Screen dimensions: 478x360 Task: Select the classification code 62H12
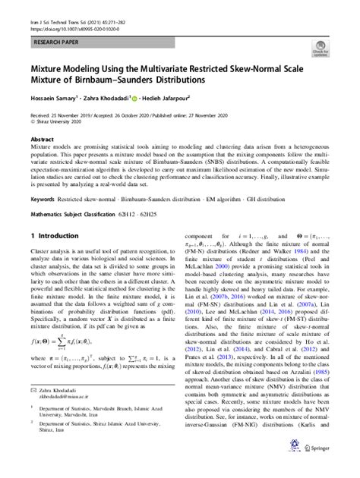coord(144,213)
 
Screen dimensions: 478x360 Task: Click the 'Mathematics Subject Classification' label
coord(75,213)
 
